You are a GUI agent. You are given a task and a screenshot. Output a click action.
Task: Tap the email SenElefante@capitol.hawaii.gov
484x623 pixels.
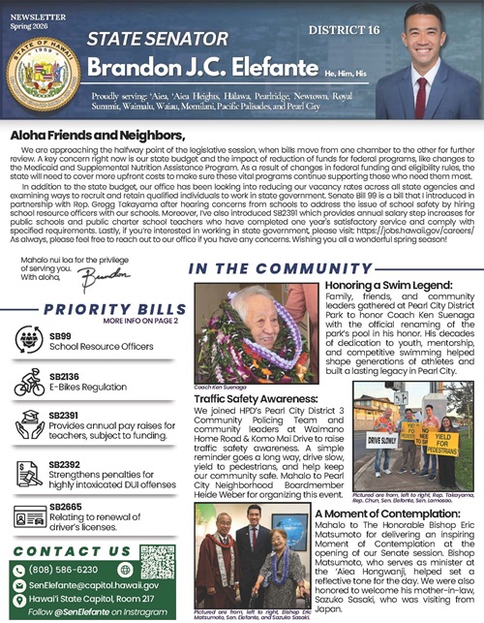coord(94,584)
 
